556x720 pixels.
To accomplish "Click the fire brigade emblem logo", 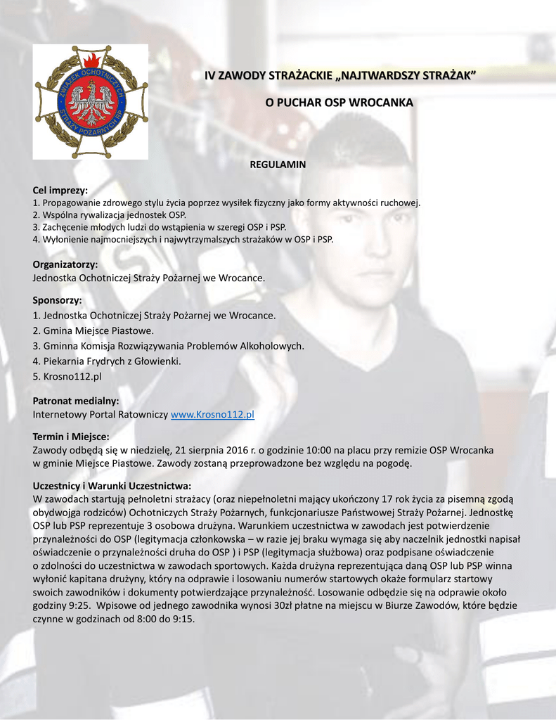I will click(91, 101).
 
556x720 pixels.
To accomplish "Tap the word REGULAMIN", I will click(278, 165).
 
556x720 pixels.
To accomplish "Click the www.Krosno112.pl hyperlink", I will click(212, 415).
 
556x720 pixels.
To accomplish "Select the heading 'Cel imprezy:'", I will click(60, 191).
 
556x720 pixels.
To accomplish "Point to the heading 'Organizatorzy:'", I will click(65, 264).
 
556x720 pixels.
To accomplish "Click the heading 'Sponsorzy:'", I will click(58, 301).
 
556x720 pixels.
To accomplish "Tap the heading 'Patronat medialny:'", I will click(76, 401).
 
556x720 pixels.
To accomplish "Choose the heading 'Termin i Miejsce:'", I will click(71, 437).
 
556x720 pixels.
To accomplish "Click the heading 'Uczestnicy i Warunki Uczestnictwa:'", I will click(112, 486).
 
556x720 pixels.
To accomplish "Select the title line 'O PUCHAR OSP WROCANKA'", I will click(339, 103).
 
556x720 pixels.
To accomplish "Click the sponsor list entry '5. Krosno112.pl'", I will click(67, 376).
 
